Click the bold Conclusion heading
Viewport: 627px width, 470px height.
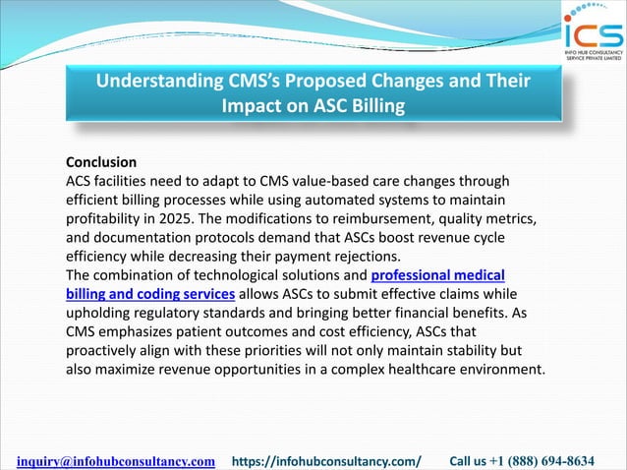tap(100, 161)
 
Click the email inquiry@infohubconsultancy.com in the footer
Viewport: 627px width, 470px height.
tap(117, 460)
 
